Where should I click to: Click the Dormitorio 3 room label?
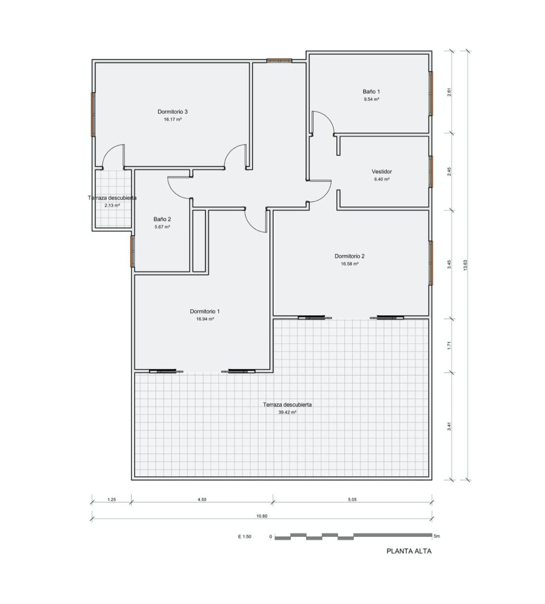pos(173,112)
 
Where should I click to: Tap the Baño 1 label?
pos(371,92)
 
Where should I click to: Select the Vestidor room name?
pos(382,172)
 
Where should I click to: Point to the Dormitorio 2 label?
pos(349,256)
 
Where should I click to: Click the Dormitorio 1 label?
pos(205,311)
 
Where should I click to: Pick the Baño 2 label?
pos(162,219)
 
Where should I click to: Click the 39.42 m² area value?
pos(288,412)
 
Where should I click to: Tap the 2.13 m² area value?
pos(112,205)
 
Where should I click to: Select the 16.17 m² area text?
pos(173,119)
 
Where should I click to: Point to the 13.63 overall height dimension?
pos(465,265)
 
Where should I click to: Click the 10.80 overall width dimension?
pos(262,516)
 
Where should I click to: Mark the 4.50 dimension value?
pos(202,500)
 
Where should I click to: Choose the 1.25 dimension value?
pos(111,500)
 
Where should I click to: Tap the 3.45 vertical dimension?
pos(449,265)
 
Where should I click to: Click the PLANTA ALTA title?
pos(409,551)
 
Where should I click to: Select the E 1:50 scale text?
pos(245,537)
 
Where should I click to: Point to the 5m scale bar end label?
pos(437,536)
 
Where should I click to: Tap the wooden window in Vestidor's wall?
pos(431,172)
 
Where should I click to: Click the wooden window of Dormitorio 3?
pos(93,114)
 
